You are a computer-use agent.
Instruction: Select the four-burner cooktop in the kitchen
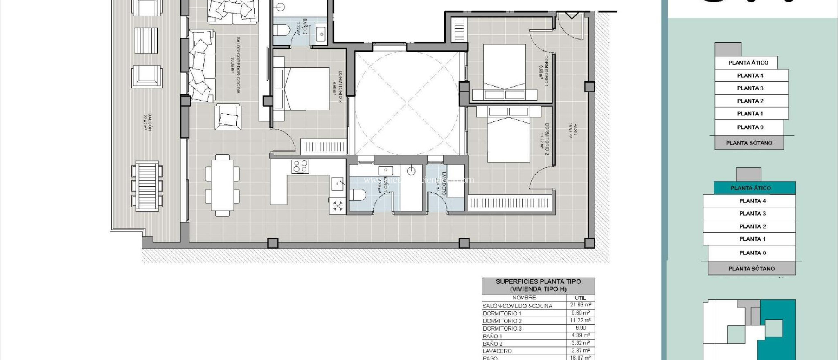[300, 166]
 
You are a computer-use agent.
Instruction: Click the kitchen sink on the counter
[337, 184]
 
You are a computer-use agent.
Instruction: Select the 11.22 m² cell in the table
[580, 321]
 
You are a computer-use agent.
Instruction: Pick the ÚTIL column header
[580, 298]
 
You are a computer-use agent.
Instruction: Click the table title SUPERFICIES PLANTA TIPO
[538, 281]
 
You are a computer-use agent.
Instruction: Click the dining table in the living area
[222, 185]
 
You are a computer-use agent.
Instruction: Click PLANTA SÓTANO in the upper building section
[749, 143]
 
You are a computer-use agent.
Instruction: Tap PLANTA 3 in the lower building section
[752, 214]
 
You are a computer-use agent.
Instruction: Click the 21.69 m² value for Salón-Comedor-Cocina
[580, 305]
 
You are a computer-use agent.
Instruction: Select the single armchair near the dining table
[228, 117]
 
